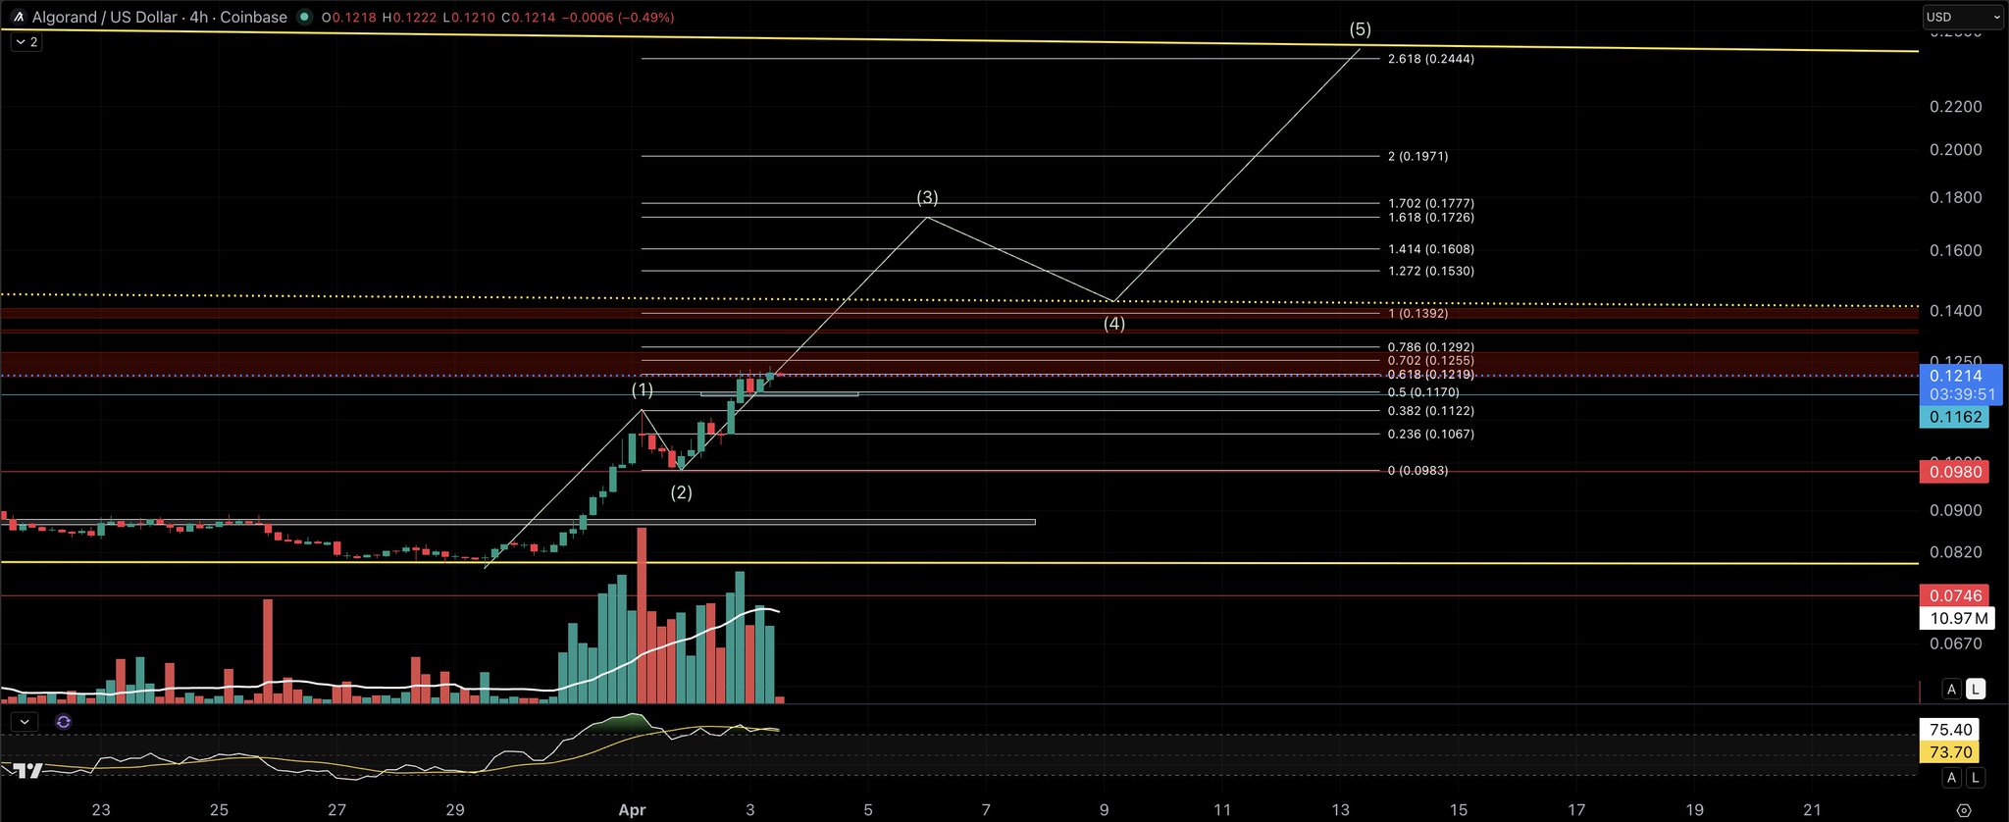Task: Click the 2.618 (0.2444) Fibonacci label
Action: (1430, 59)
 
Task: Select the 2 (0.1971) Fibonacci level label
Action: (1417, 156)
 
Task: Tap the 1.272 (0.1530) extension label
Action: (1430, 271)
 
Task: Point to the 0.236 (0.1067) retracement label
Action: (1430, 434)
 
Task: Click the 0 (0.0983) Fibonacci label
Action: (1417, 471)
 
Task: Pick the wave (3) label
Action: (927, 198)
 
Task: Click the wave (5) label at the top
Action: (1360, 29)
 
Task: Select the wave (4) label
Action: (1114, 324)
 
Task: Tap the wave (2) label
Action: (681, 492)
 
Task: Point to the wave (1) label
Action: (642, 390)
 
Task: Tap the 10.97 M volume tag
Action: (1958, 618)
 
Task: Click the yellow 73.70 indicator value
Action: (1949, 752)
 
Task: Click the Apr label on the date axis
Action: (632, 809)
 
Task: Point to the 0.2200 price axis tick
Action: (1955, 106)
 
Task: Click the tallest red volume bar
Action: (643, 616)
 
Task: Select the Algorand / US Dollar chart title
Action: (159, 17)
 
